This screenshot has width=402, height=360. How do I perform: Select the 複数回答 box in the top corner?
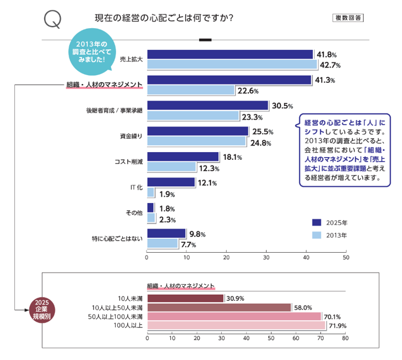pyautogui.click(x=348, y=18)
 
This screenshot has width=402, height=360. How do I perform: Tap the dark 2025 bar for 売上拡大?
pyautogui.click(x=230, y=54)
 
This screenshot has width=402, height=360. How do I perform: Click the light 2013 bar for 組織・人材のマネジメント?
pyautogui.click(x=191, y=90)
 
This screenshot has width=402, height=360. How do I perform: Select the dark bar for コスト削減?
pyautogui.click(x=183, y=157)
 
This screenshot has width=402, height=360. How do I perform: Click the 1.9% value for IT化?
pyautogui.click(x=166, y=194)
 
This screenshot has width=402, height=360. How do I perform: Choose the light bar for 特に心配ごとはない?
pyautogui.click(x=163, y=243)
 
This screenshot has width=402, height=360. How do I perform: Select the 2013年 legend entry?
pyautogui.click(x=330, y=235)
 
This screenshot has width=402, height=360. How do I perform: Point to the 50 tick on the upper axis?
pyautogui.click(x=346, y=257)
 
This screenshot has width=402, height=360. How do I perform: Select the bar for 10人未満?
pyautogui.click(x=185, y=299)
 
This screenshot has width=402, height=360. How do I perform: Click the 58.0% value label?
pyautogui.click(x=303, y=307)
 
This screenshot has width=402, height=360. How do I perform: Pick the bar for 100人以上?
pyautogui.click(x=236, y=325)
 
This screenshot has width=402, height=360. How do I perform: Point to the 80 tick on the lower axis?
pyautogui.click(x=346, y=337)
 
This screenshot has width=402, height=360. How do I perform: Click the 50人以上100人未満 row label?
pyautogui.click(x=115, y=316)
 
